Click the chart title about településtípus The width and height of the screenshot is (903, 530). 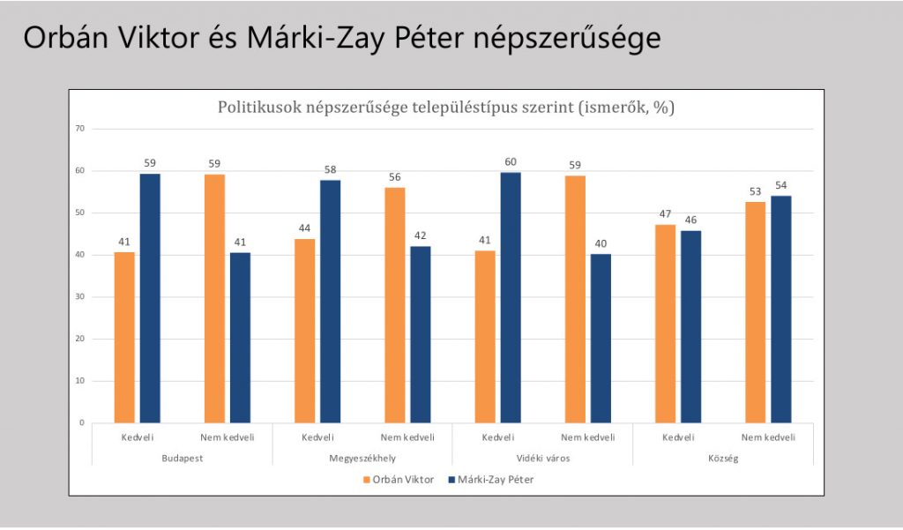click(x=445, y=108)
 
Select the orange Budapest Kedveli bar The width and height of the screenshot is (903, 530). click(x=124, y=337)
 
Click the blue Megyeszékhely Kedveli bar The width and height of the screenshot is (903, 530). click(x=331, y=301)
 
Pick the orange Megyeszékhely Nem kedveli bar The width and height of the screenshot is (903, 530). click(x=395, y=304)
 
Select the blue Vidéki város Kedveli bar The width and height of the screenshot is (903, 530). click(x=511, y=297)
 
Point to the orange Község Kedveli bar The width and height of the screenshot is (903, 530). click(x=665, y=324)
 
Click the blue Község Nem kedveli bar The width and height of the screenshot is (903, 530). click(x=781, y=309)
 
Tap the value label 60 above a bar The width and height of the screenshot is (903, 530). click(x=511, y=161)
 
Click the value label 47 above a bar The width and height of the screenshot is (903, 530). click(x=665, y=214)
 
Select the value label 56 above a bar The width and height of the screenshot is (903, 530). click(x=395, y=177)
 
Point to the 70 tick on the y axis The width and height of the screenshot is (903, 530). click(x=79, y=129)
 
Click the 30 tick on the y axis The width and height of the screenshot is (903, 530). click(x=79, y=297)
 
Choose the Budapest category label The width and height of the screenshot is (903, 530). click(x=183, y=459)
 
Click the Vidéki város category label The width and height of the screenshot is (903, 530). click(x=542, y=459)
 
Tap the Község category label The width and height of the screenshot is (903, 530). click(x=722, y=459)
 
